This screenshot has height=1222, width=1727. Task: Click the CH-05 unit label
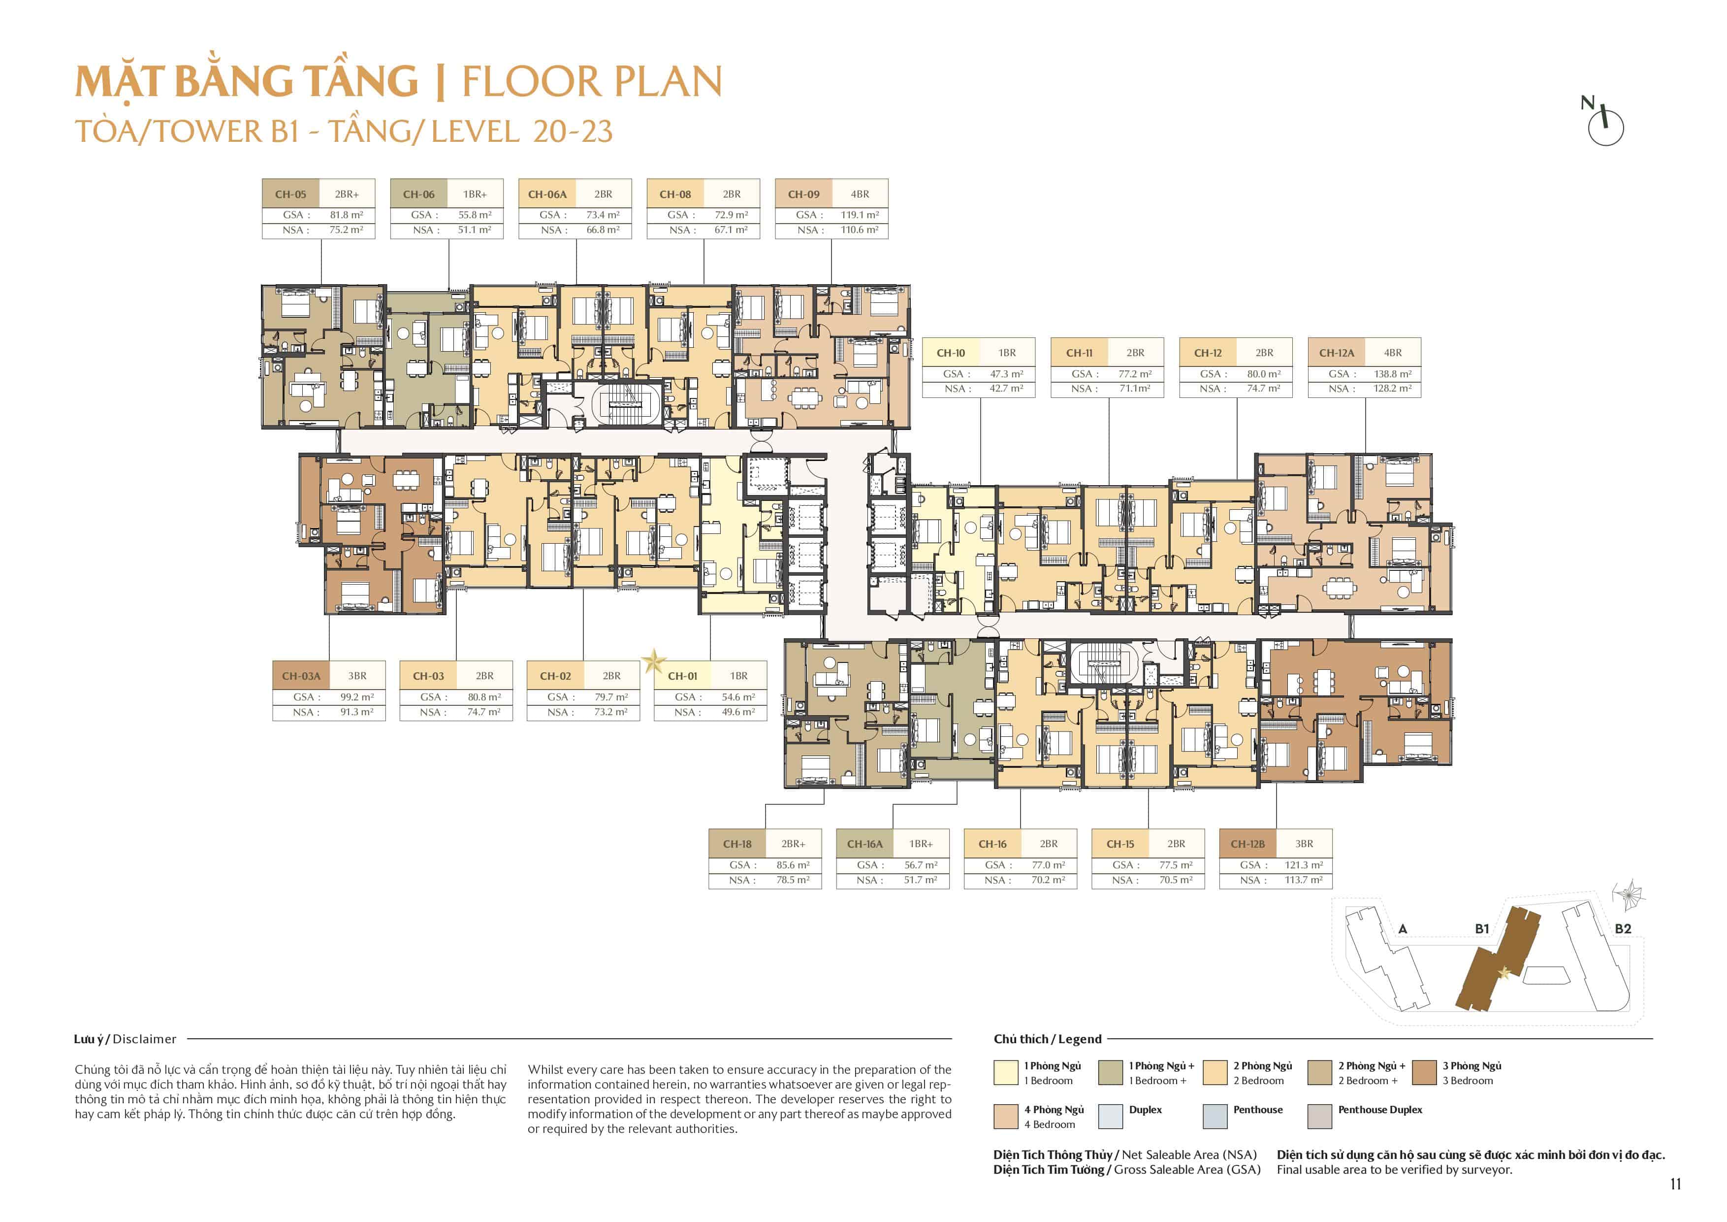[290, 194]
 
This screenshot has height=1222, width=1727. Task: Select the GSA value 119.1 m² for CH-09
[860, 215]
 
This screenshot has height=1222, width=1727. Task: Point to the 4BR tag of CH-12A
[1393, 353]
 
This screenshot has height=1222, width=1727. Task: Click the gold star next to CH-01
[654, 661]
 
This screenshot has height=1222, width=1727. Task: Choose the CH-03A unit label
[301, 676]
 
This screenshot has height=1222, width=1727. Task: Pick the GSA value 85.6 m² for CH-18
[793, 865]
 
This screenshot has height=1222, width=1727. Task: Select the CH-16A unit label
[865, 844]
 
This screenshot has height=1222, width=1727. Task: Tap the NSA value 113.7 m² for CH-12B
[1304, 880]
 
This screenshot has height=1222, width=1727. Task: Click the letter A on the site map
[1403, 929]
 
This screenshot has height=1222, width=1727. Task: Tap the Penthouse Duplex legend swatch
[1320, 1117]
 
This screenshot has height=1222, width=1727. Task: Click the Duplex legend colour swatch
[1110, 1117]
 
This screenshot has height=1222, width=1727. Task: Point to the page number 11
[1675, 1185]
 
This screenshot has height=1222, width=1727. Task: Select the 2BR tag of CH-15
[1177, 844]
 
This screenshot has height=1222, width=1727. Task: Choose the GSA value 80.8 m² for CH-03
[483, 697]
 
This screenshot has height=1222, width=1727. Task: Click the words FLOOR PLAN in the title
[592, 82]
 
